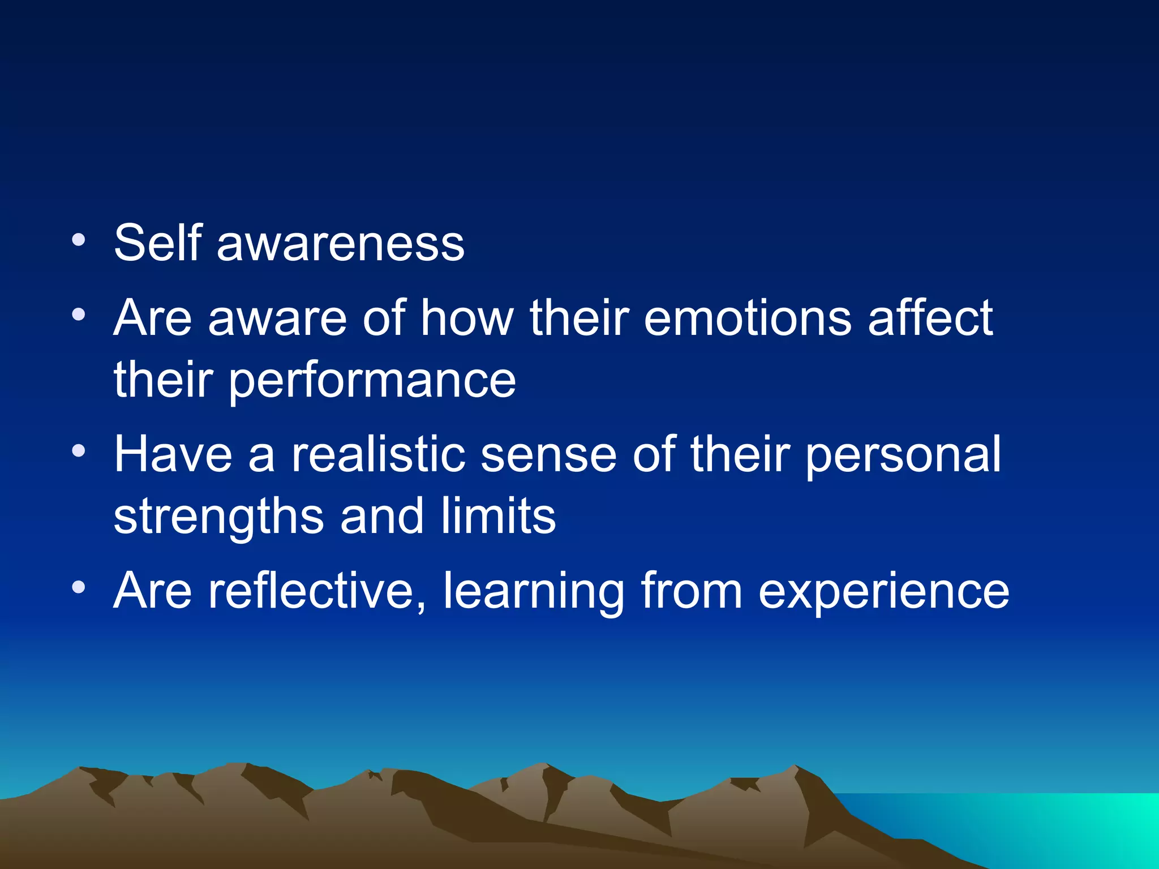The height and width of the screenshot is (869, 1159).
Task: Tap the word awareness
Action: (340, 244)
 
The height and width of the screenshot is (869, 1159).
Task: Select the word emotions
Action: (747, 318)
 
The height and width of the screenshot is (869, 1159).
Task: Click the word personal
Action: (902, 456)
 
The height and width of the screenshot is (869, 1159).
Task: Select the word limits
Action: (498, 517)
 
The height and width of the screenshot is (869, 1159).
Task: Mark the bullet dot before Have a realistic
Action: (79, 451)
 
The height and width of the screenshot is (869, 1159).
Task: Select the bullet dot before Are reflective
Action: (79, 588)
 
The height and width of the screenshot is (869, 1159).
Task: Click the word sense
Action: (548, 456)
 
